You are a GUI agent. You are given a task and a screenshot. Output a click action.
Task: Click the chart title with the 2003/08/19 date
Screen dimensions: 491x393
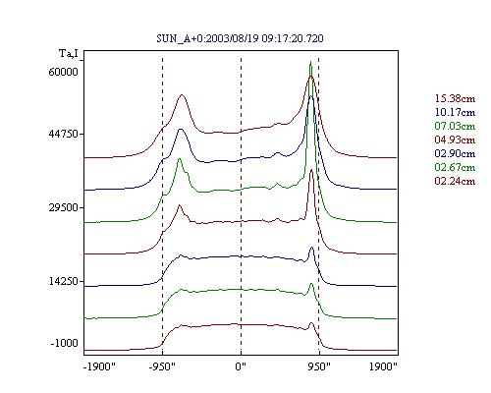point(240,38)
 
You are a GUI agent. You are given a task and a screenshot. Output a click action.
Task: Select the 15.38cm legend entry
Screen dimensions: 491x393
point(455,98)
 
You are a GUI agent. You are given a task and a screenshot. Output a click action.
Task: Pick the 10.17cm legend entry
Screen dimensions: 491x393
point(455,112)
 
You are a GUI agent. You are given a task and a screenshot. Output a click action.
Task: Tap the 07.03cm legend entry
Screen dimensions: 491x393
point(455,126)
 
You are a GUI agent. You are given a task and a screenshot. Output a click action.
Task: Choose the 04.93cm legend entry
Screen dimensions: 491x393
point(455,140)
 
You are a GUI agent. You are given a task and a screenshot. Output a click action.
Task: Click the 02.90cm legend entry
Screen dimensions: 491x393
point(455,153)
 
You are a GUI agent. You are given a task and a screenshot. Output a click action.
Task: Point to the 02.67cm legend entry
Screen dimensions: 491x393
point(455,167)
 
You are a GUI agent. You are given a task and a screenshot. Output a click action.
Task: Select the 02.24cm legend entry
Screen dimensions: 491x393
point(455,181)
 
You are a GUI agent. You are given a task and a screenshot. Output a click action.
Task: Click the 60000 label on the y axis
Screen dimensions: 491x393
point(63,72)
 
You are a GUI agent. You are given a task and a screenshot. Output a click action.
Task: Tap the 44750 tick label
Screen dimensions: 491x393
point(63,134)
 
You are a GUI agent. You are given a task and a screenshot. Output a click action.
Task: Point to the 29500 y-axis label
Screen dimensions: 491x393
point(63,207)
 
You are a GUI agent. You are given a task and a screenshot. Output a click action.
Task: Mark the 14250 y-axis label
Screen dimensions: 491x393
point(63,281)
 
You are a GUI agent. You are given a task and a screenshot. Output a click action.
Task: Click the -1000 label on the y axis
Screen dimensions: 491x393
point(65,343)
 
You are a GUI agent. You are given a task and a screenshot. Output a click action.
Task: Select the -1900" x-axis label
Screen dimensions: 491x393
point(99,366)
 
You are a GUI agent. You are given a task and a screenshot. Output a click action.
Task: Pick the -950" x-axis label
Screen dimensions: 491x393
point(162,366)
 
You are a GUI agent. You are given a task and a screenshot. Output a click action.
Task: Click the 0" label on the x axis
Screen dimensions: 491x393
point(241,366)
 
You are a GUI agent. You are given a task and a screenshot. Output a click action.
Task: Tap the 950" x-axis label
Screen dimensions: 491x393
point(319,366)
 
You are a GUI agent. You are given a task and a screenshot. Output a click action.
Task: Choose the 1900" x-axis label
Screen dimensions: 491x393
point(383,366)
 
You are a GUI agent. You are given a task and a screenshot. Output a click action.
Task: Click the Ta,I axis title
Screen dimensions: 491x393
point(69,53)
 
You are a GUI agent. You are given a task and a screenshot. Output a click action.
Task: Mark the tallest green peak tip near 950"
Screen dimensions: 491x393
point(310,61)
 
